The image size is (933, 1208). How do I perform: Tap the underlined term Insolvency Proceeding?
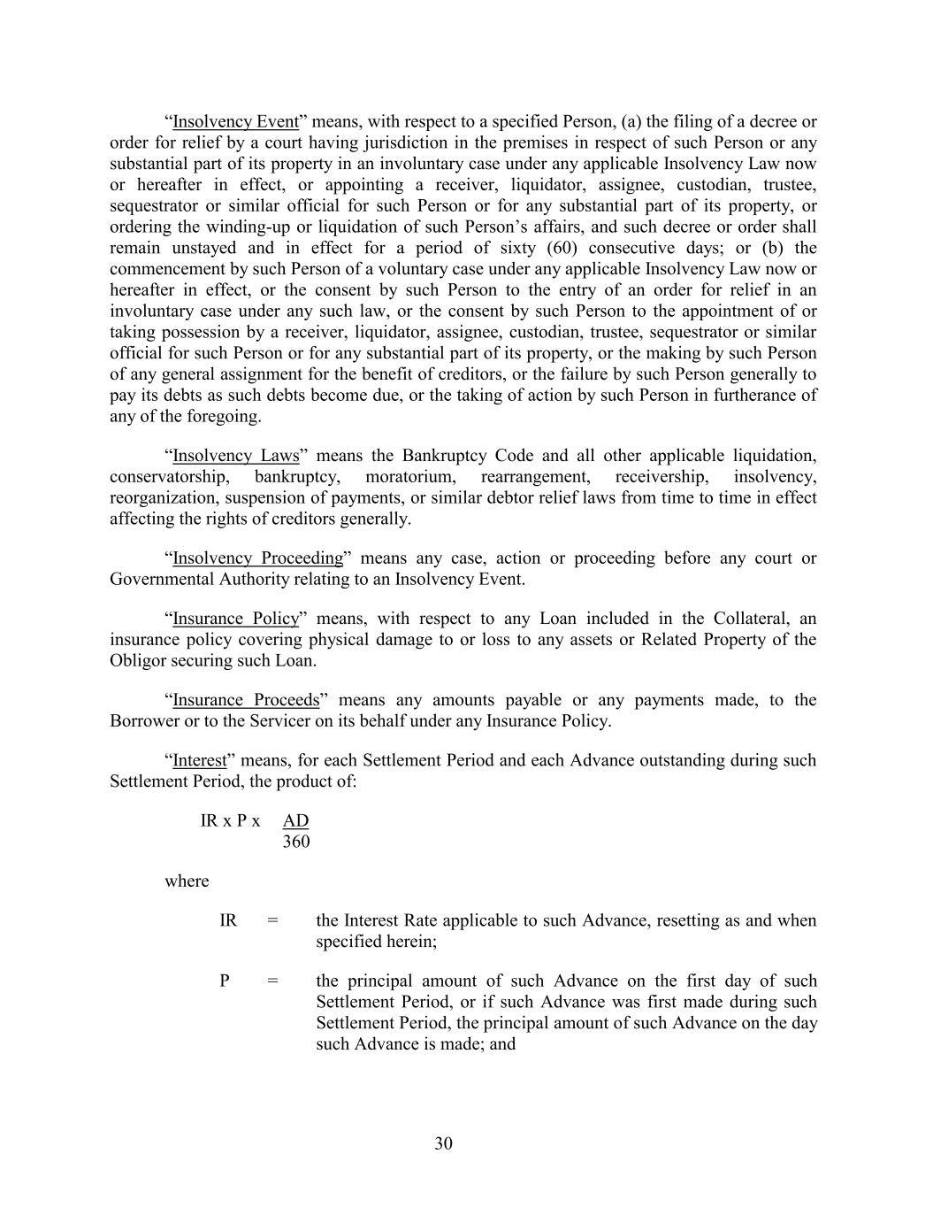257,558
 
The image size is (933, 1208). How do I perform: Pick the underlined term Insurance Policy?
235,619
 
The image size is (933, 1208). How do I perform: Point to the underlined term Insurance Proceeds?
246,700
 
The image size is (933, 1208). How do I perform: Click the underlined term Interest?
199,760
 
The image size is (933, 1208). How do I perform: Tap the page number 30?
444,1143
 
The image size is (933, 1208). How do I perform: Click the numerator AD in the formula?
295,820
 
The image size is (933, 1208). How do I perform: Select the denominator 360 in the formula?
296,842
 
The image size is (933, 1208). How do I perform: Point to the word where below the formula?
187,881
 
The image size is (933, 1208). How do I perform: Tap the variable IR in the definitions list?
228,920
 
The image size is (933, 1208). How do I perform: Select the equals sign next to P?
272,981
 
